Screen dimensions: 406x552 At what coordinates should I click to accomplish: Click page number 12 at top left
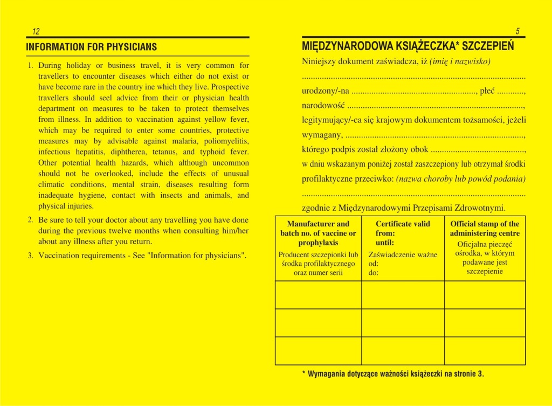point(36,31)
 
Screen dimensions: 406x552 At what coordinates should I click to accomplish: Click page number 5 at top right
point(517,31)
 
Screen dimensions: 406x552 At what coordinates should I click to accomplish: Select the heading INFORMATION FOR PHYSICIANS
point(91,47)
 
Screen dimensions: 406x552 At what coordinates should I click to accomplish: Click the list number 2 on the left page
point(30,220)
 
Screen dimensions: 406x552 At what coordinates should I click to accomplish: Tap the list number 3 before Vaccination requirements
point(30,256)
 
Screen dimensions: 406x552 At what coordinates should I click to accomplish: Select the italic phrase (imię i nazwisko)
point(460,61)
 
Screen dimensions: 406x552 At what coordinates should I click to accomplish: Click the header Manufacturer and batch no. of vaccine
point(318,233)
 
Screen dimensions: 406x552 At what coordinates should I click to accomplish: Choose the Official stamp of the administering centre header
point(485,229)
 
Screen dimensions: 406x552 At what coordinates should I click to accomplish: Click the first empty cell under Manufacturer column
point(318,295)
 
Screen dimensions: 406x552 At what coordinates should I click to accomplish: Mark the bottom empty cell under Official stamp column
point(485,350)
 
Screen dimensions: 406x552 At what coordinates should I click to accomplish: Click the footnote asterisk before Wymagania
point(303,374)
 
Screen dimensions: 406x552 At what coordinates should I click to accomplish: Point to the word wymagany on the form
point(322,134)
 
